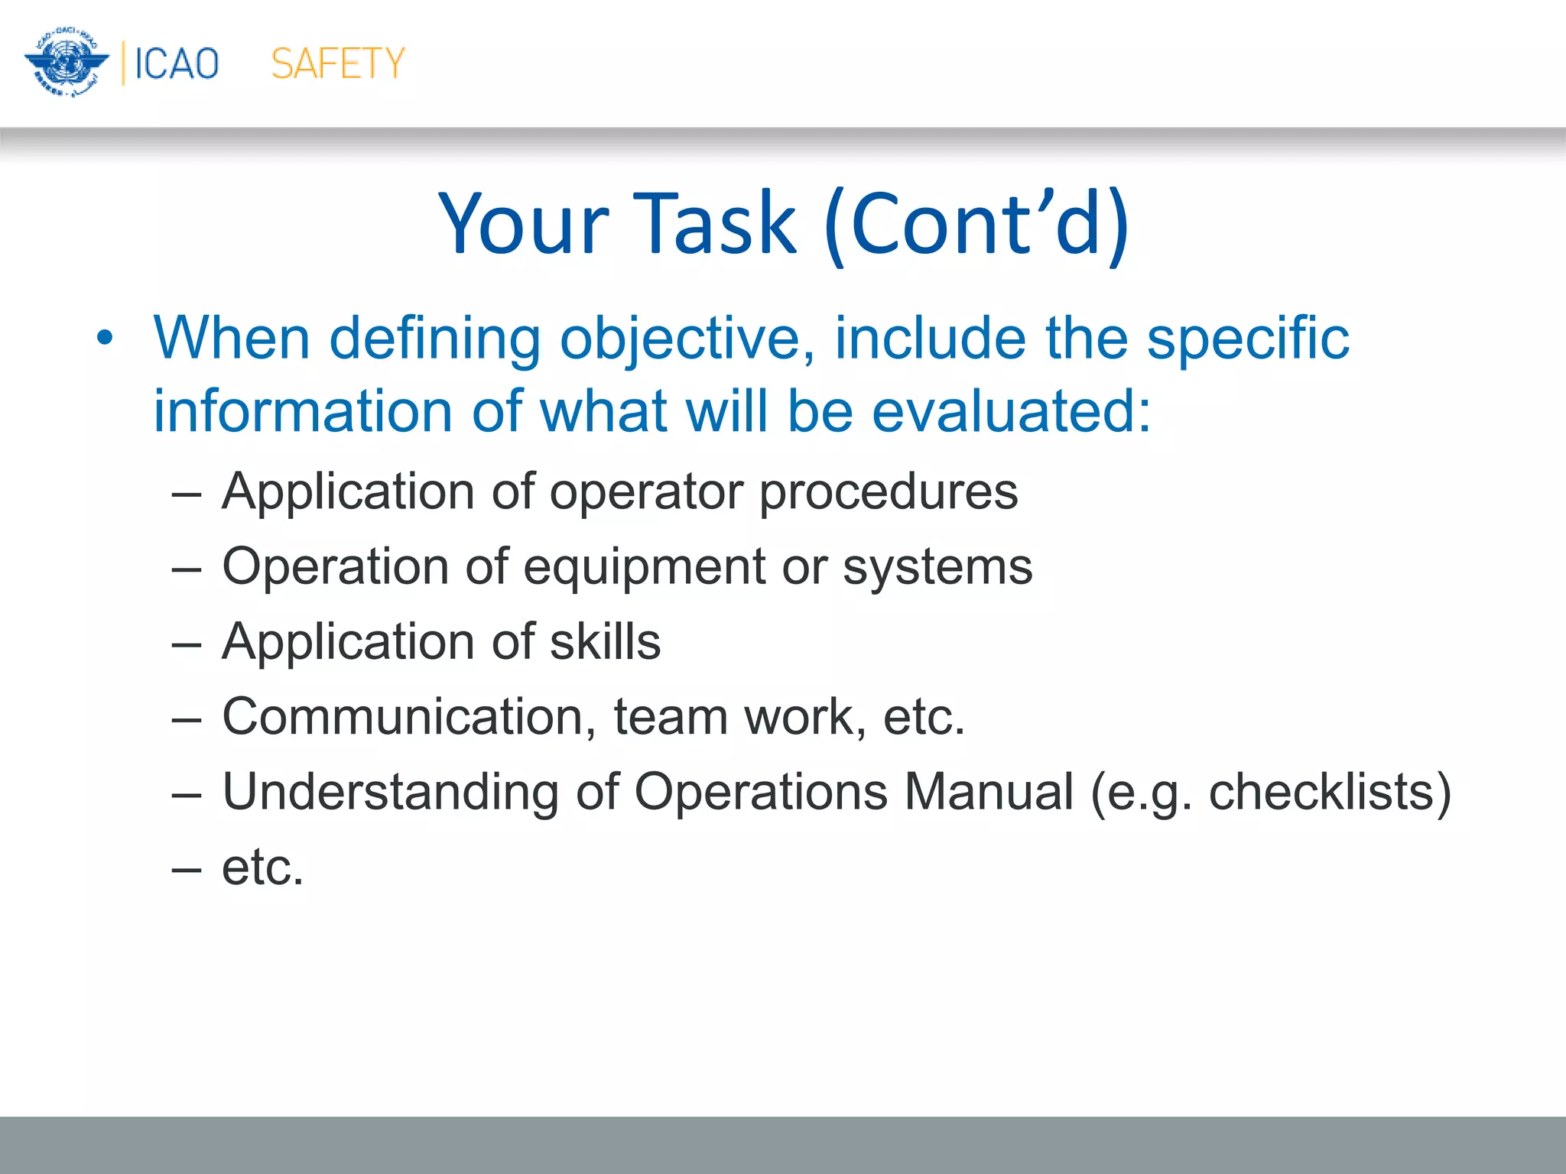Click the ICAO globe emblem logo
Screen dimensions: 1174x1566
[x=66, y=63]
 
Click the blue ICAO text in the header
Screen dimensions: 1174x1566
[x=177, y=63]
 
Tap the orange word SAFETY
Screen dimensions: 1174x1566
[x=338, y=63]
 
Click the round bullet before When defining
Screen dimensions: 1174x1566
[x=105, y=338]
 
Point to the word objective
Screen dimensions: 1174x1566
[x=686, y=339]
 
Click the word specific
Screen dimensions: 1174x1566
[x=1247, y=338]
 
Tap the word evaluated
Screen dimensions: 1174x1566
[x=1011, y=411]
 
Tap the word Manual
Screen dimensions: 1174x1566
[x=989, y=792]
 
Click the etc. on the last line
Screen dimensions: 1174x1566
[x=262, y=868]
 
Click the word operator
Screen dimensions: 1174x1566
[x=646, y=491]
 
